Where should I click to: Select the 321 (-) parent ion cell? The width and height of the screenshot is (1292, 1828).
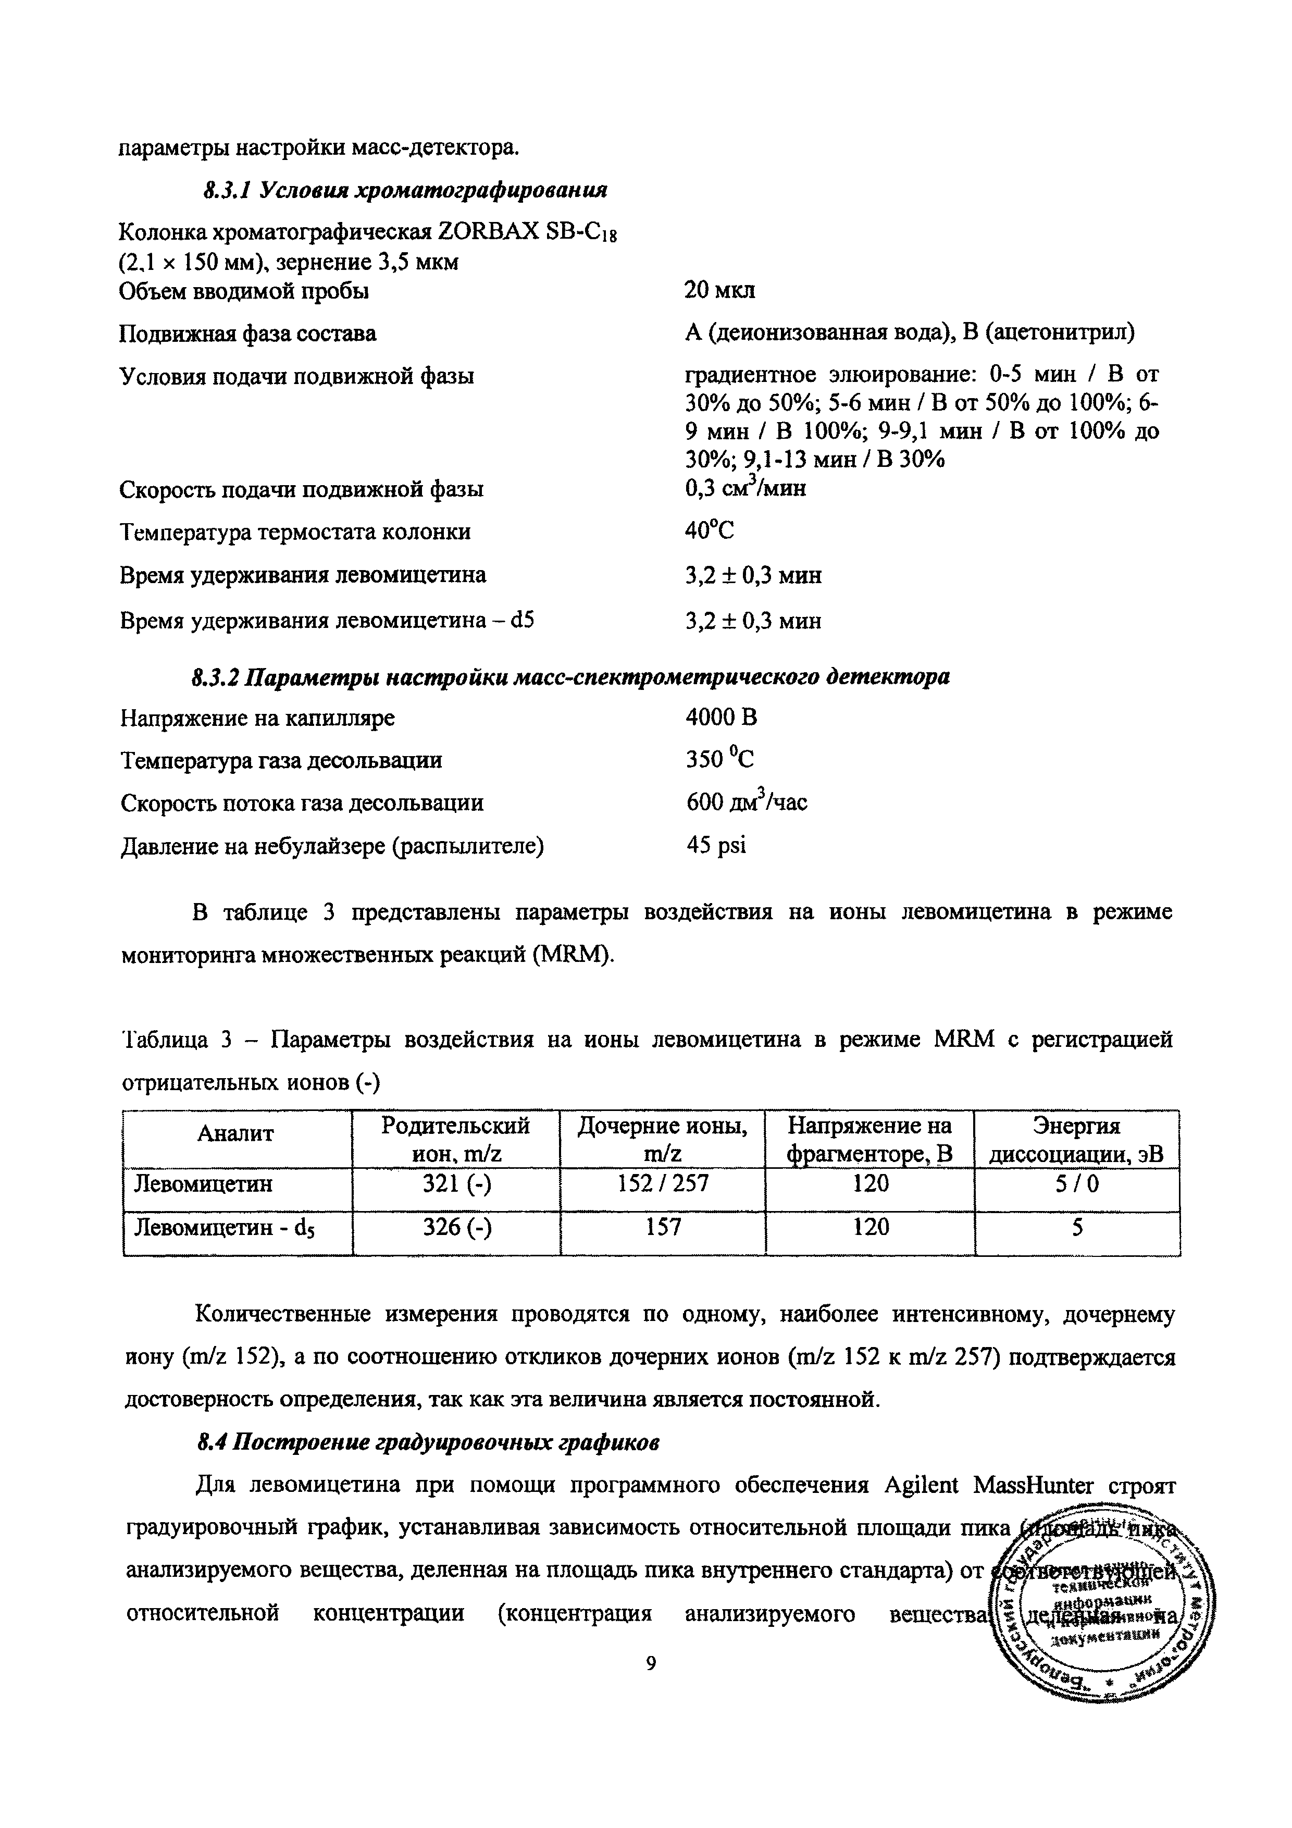(x=456, y=1184)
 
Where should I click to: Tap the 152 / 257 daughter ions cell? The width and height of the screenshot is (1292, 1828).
(x=662, y=1184)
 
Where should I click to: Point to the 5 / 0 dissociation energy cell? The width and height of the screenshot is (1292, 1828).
(x=1076, y=1184)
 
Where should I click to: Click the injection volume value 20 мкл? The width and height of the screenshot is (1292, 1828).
(x=719, y=291)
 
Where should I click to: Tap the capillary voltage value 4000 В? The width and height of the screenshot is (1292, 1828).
(x=721, y=718)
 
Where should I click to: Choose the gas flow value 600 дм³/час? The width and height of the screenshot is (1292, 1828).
(x=746, y=802)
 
